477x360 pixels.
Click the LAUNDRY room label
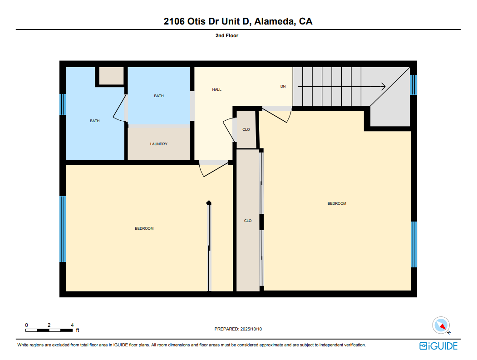coord(158,144)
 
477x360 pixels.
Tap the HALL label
coord(216,89)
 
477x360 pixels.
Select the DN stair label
coord(283,86)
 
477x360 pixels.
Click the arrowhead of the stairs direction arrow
coord(384,87)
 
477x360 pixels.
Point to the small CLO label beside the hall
coord(246,130)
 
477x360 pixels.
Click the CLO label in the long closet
coord(248,221)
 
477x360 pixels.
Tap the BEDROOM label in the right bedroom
coord(337,203)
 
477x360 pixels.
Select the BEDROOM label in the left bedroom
coord(144,228)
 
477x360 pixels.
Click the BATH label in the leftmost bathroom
coord(94,121)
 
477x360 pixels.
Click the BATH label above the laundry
coord(159,96)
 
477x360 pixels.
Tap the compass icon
coord(441,325)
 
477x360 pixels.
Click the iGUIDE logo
coord(438,346)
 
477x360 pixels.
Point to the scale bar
coord(49,330)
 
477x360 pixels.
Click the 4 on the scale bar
coord(72,325)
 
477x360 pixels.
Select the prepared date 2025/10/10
coord(251,329)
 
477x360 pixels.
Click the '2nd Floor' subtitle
coord(226,35)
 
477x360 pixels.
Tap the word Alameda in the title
coord(275,21)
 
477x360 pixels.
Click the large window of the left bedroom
coord(63,229)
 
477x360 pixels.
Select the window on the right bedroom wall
coord(414,244)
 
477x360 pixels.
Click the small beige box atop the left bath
coord(111,76)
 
